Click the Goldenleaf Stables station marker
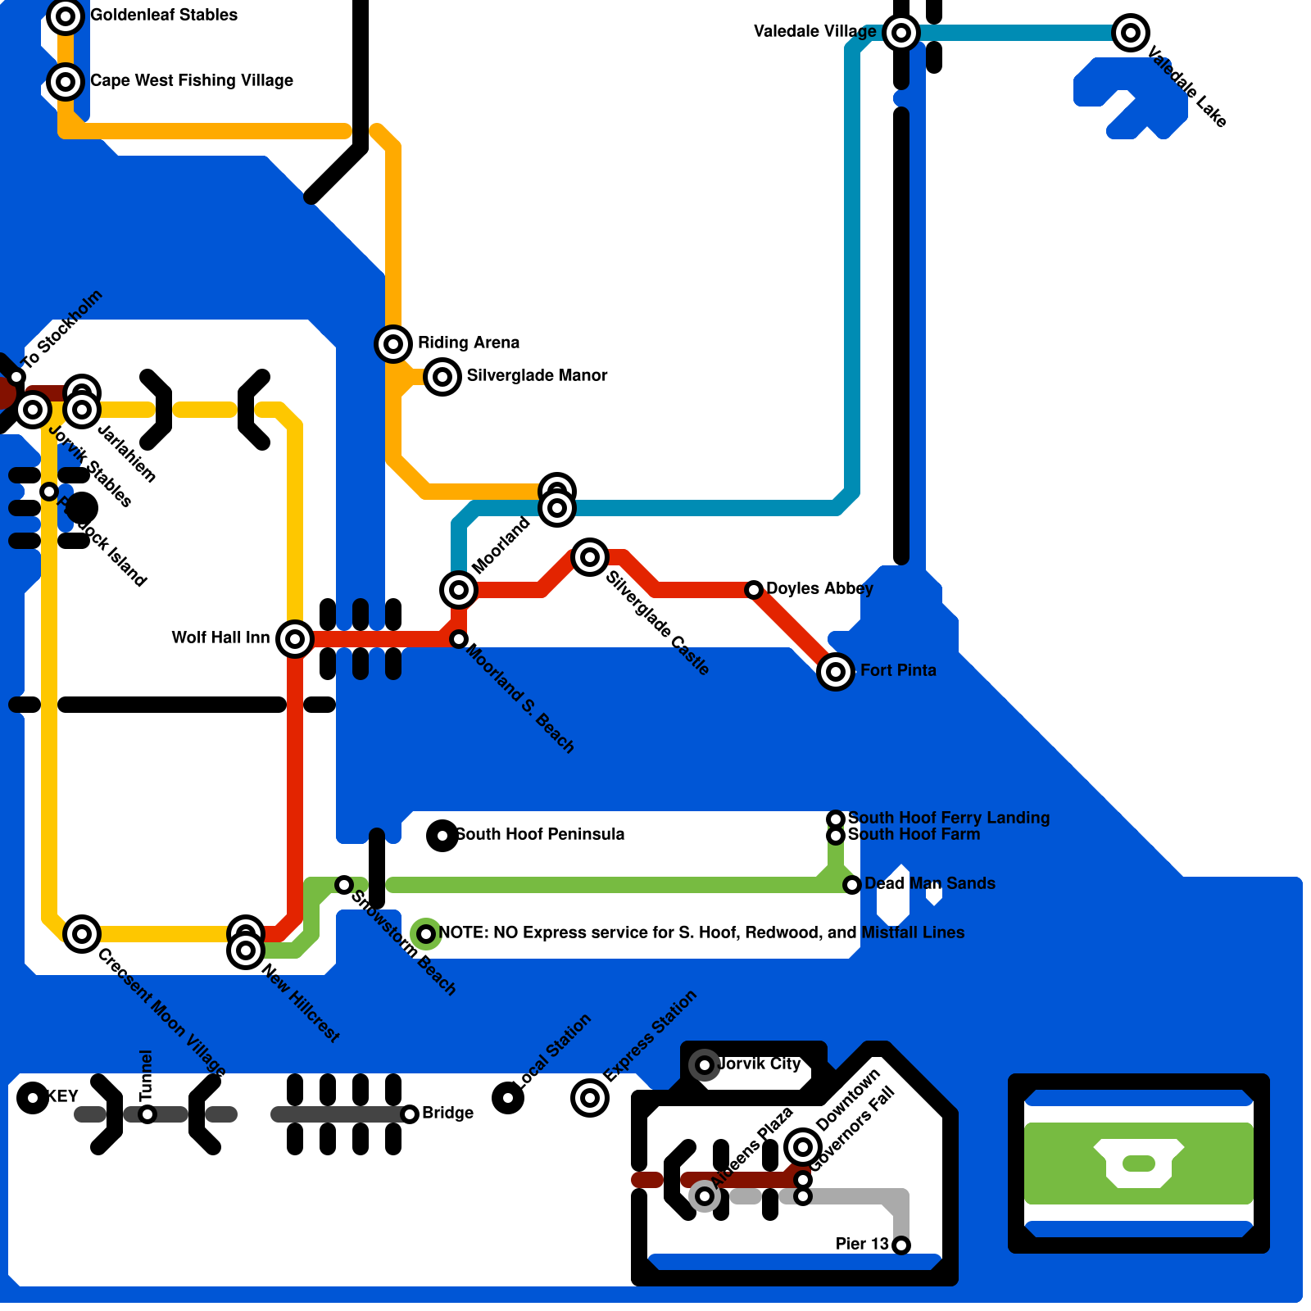click(66, 16)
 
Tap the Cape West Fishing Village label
click(191, 80)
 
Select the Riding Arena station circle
click(393, 343)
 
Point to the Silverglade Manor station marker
click(442, 377)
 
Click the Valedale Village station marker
click(901, 33)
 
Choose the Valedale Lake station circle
click(1131, 33)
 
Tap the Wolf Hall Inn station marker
click(295, 638)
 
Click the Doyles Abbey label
click(819, 588)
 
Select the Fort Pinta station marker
click(836, 672)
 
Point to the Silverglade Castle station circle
click(590, 557)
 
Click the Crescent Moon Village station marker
click(82, 933)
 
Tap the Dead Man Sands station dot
click(852, 885)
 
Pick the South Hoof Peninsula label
click(540, 834)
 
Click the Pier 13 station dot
click(901, 1245)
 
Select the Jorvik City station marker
click(705, 1065)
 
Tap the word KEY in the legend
click(62, 1096)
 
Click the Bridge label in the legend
click(447, 1113)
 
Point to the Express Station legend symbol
click(590, 1098)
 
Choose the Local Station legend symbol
click(508, 1098)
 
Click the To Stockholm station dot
click(16, 377)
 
